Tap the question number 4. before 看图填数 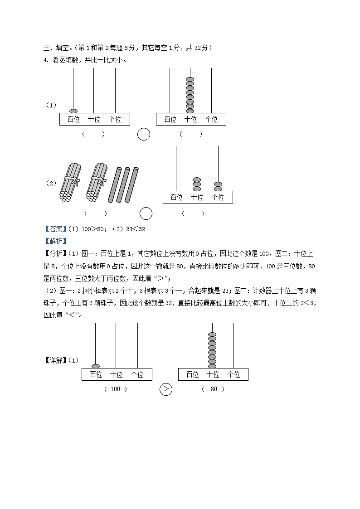[x=46, y=59]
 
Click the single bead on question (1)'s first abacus [x=73, y=111]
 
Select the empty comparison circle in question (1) [x=144, y=134]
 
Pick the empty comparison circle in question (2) [x=146, y=213]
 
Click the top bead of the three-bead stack [x=197, y=179]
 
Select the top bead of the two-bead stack [x=218, y=184]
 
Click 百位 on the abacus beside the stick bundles [x=176, y=197]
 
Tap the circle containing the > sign [x=166, y=389]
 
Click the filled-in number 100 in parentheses [x=116, y=389]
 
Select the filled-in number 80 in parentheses [x=214, y=389]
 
